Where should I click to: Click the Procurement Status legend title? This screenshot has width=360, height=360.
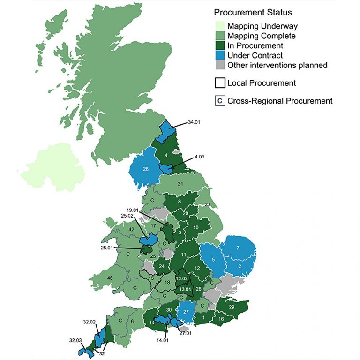pos(253,12)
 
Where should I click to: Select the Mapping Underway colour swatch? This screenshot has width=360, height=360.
pos(219,26)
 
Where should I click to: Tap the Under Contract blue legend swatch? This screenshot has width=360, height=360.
pos(219,55)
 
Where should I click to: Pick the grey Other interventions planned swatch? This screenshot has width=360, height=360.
pos(219,65)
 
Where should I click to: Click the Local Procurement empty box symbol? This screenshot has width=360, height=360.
pos(219,83)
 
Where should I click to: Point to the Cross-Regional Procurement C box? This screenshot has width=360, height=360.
pos(219,101)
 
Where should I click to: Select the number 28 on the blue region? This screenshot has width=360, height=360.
pos(146,169)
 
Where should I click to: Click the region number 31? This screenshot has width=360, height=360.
pos(180,184)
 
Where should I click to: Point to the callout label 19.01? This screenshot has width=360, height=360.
pos(134,210)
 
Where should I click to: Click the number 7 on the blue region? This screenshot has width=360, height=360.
pos(238,247)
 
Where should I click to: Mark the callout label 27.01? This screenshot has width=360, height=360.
pos(186,334)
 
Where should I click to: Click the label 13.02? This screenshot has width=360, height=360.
pos(182,278)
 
